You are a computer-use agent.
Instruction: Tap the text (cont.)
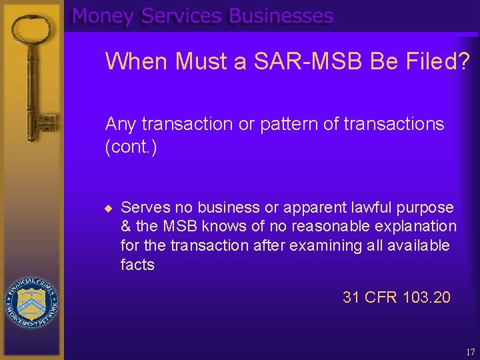[131, 147]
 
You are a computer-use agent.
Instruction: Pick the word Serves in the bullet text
[142, 208]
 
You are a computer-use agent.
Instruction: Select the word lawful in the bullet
[372, 208]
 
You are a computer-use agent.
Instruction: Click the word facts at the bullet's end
[137, 265]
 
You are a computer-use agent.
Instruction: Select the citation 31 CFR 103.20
[396, 297]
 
